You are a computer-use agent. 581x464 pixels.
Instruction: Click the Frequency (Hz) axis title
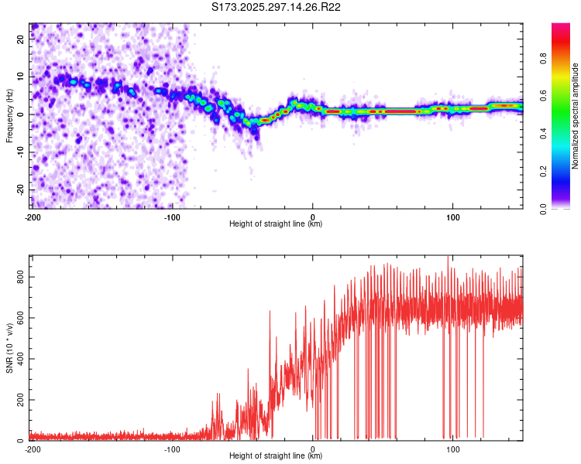pyautogui.click(x=9, y=116)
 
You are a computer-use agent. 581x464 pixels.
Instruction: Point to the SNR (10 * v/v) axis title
pyautogui.click(x=9, y=348)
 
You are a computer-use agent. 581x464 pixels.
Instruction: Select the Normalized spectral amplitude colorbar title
pyautogui.click(x=576, y=116)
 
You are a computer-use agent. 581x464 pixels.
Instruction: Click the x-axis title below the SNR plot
pyautogui.click(x=276, y=456)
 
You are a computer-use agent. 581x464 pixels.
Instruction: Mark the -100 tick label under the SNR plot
pyautogui.click(x=172, y=449)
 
